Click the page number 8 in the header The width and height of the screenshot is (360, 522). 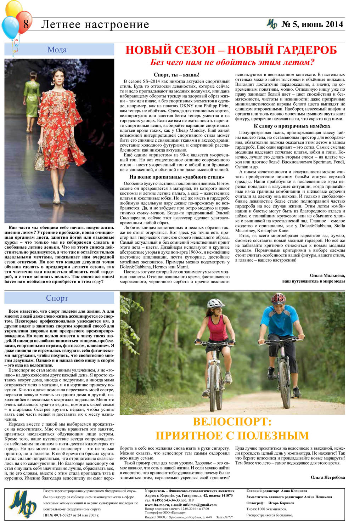pyautogui.click(x=26, y=25)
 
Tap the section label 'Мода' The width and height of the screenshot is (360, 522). pyautogui.click(x=57, y=50)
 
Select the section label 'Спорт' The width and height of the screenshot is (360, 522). pyautogui.click(x=57, y=298)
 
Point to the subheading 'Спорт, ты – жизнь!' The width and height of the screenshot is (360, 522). pyautogui.click(x=176, y=75)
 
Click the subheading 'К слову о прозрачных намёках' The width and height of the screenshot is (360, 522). pyautogui.click(x=292, y=126)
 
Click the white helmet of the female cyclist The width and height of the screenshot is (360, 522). pyautogui.click(x=215, y=303)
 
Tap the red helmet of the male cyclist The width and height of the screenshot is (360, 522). pyautogui.click(x=278, y=298)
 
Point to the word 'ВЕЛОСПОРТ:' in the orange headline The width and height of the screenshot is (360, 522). pyautogui.click(x=232, y=422)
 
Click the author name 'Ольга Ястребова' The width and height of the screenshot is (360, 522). pyautogui.click(x=327, y=477)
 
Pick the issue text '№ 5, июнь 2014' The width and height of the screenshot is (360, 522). pyautogui.click(x=312, y=24)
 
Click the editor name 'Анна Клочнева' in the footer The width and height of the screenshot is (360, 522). pyautogui.click(x=294, y=491)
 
